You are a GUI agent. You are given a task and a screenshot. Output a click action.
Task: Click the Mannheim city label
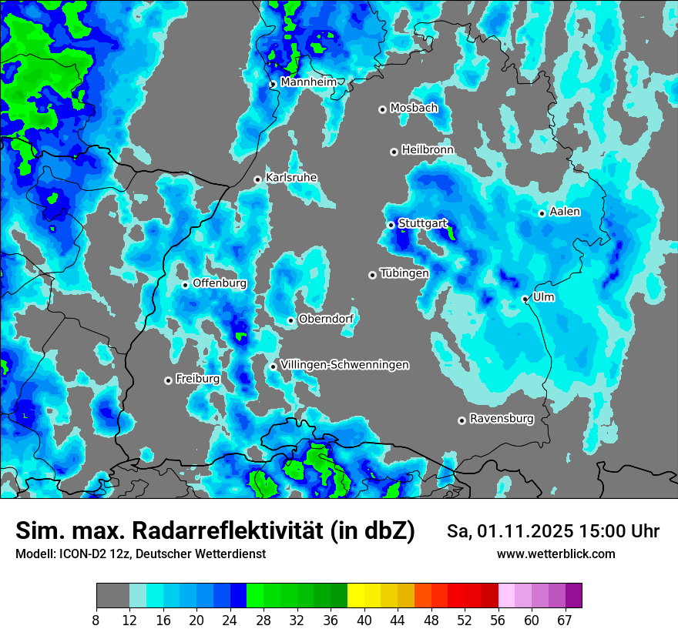pos(309,82)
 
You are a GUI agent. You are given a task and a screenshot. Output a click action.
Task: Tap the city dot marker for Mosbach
pos(382,109)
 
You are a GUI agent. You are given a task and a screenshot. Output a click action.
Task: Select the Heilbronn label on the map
pos(428,149)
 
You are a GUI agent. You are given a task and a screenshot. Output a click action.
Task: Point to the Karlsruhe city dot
pos(258,179)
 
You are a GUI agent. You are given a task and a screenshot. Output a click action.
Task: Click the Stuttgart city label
pos(423,223)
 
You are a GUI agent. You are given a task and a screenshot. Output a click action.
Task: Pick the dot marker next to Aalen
pos(542,213)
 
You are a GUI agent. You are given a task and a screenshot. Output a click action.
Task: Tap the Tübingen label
pos(404,273)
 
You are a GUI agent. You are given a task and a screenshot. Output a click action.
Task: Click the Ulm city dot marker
pos(525,299)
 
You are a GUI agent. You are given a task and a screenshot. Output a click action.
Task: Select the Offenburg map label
pos(220,283)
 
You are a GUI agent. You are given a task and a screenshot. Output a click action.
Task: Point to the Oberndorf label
pos(326,319)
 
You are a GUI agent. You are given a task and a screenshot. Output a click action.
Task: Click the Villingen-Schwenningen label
pos(345,364)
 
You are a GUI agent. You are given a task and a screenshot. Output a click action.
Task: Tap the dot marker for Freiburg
pos(168,380)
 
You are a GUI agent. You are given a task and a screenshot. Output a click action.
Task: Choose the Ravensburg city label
pos(502,419)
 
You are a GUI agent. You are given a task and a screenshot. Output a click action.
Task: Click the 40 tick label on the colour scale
pos(364,620)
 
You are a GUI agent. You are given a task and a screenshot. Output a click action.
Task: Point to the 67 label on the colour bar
pos(566,620)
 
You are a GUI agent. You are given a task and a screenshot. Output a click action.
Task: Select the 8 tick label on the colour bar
pos(96,620)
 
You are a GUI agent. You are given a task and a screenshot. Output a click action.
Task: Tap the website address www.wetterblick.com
pos(556,554)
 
